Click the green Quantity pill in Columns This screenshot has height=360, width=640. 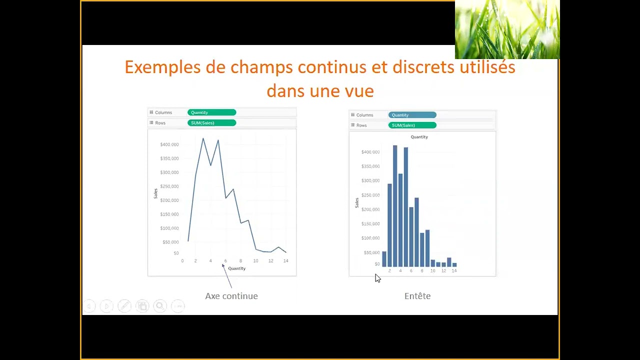point(211,112)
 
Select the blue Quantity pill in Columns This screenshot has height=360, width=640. point(412,115)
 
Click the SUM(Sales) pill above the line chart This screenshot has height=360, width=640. point(211,123)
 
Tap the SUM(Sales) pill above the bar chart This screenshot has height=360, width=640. point(412,125)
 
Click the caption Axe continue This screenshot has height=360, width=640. point(231,296)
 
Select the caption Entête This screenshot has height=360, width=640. point(417,296)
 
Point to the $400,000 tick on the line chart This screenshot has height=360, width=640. point(169,144)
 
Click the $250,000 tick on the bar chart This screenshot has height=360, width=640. point(370,195)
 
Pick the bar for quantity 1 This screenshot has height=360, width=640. point(384,259)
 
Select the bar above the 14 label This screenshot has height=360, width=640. point(454,264)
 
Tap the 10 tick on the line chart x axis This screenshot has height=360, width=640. point(255,261)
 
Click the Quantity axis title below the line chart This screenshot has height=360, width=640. point(236,268)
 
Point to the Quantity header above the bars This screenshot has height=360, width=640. point(419,137)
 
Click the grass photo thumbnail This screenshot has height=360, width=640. point(507,29)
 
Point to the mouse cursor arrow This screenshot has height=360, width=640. point(377,278)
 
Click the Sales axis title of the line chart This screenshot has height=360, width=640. point(155,193)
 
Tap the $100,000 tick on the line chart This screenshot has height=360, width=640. point(169,228)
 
